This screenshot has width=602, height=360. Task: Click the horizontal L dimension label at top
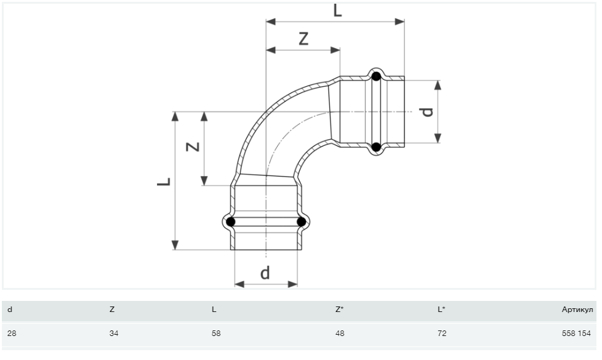[337, 10]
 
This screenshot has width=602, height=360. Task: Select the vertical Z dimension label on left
[193, 147]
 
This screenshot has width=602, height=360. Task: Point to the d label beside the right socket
[427, 111]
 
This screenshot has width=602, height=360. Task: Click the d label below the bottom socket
[265, 272]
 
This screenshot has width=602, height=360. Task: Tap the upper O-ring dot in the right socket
[376, 77]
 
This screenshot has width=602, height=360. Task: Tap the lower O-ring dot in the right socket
[376, 147]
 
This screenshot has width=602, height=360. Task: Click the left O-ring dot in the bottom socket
[231, 222]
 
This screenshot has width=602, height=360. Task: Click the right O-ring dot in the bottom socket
[301, 222]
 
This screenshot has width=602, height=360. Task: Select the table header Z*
[339, 310]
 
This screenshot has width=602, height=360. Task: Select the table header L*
[441, 310]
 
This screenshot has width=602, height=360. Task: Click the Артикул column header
[577, 310]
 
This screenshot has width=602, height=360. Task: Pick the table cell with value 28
[11, 334]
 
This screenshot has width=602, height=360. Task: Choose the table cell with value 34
[113, 334]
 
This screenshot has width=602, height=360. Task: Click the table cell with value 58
[216, 334]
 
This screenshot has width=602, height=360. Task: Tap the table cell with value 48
[340, 334]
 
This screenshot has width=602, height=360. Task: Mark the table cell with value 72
[442, 334]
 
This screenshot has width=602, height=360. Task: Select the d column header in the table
[9, 310]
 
